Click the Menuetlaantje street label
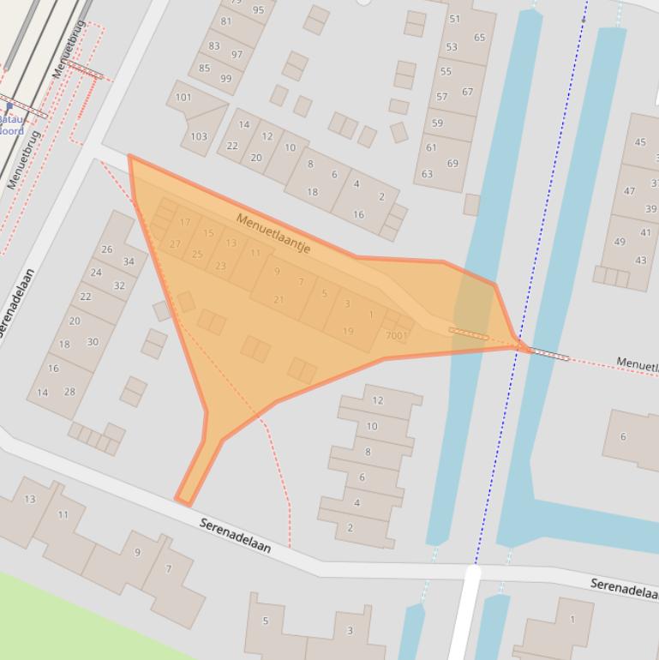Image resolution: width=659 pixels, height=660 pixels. [273, 234]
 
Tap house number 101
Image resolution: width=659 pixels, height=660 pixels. [183, 97]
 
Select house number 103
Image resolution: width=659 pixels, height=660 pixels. [199, 136]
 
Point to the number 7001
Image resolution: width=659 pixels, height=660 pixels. [397, 336]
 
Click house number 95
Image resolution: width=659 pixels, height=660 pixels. [259, 10]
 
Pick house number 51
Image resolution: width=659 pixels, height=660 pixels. [454, 19]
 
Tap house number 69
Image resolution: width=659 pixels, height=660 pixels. [452, 163]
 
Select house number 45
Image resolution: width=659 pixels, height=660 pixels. [640, 142]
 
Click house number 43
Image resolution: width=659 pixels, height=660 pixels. [641, 260]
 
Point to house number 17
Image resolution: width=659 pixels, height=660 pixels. [185, 223]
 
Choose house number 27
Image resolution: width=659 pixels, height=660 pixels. [175, 244]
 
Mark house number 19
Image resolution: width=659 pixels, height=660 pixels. [348, 331]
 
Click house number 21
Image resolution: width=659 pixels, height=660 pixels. [279, 299]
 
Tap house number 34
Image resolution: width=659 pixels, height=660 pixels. [129, 262]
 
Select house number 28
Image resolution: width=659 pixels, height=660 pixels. [69, 392]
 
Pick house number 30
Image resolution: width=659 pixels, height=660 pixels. [92, 341]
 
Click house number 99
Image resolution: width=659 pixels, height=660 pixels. [226, 79]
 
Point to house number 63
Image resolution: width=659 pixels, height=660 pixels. [427, 174]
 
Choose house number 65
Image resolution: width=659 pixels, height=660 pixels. [479, 38]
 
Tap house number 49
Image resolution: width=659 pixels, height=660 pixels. [620, 243]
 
